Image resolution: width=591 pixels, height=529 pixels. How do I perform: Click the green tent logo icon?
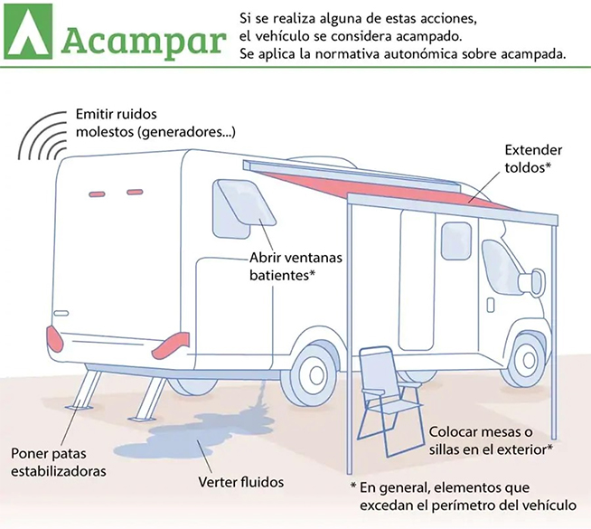[x=29, y=32]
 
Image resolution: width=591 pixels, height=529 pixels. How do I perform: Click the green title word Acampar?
[x=144, y=42]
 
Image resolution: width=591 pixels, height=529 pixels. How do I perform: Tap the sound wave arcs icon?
[x=43, y=135]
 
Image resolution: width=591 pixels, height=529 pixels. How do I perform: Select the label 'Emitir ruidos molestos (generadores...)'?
[x=155, y=123]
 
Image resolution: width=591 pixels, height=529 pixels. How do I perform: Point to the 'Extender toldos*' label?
[x=533, y=159]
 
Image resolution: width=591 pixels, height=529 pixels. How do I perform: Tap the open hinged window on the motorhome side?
[x=244, y=209]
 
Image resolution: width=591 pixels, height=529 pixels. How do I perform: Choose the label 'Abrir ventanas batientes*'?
[x=295, y=267]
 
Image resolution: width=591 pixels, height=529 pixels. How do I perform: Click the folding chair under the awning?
[x=388, y=400]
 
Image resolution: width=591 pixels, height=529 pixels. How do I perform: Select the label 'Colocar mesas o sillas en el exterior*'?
[x=491, y=440]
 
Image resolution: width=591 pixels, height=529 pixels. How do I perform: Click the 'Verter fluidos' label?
[x=241, y=482]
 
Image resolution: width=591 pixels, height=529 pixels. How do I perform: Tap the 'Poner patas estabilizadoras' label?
[x=59, y=462]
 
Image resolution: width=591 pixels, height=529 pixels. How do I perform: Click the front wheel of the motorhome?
[x=527, y=360]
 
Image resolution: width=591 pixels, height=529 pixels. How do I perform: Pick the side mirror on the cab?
[x=532, y=281]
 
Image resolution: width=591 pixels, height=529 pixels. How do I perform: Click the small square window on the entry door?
[x=456, y=241]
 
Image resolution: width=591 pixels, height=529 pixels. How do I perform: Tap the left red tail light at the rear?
[x=54, y=339]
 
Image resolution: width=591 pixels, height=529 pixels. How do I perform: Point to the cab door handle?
[x=491, y=305]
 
